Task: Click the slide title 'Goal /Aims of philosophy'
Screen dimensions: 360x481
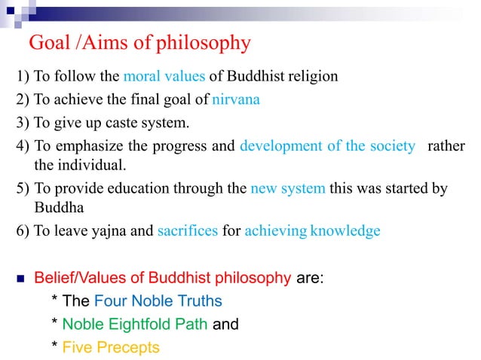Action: pyautogui.click(x=139, y=44)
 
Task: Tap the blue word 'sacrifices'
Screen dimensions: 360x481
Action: pyautogui.click(x=188, y=231)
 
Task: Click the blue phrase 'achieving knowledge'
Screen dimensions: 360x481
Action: pyautogui.click(x=312, y=231)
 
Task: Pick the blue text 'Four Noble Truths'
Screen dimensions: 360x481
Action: pyautogui.click(x=158, y=301)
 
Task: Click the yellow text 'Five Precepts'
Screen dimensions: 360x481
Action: pyautogui.click(x=111, y=347)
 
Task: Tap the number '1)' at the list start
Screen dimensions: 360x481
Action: pyautogui.click(x=23, y=77)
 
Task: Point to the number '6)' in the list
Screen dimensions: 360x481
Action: pyautogui.click(x=23, y=231)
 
